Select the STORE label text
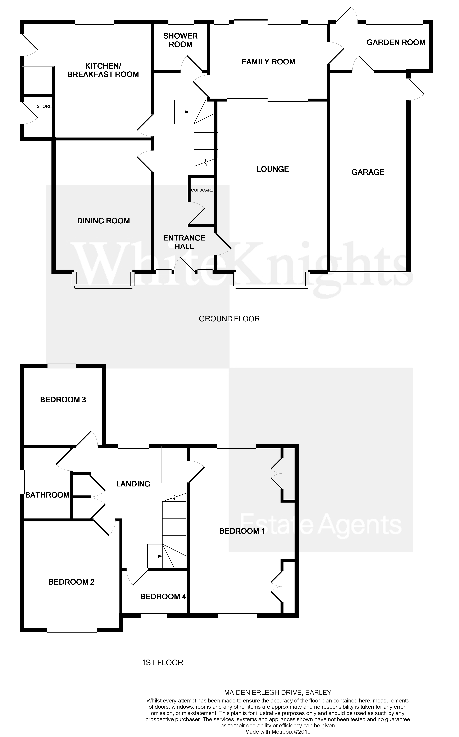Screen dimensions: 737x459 point(44,106)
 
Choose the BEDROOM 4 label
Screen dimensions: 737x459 point(163,597)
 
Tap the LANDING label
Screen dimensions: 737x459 point(133,484)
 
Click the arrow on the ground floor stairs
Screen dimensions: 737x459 point(183,112)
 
